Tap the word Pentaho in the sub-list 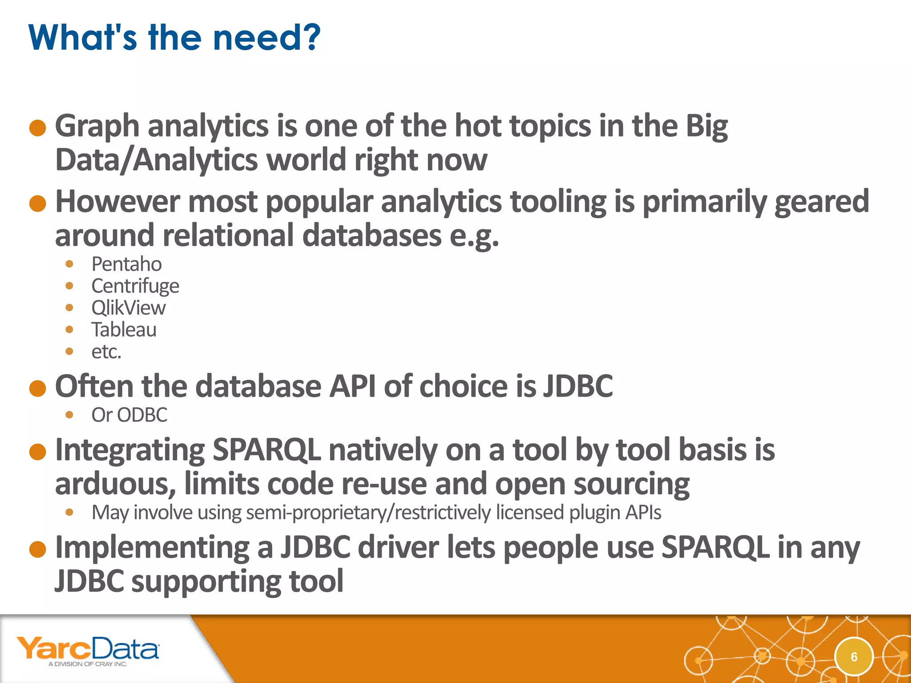click(126, 264)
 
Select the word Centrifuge click(135, 286)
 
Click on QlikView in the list click(129, 308)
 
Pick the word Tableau click(124, 329)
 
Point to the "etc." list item click(106, 352)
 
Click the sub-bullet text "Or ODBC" click(129, 415)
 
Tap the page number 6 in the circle click(854, 657)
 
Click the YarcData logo click(88, 648)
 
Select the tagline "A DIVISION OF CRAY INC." click(88, 664)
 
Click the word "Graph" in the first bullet click(97, 127)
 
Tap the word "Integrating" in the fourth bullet click(129, 450)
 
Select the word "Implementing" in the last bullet click(152, 548)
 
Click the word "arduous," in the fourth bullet click(115, 484)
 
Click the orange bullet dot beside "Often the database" click(38, 388)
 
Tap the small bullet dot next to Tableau click(69, 329)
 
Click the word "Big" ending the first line click(706, 127)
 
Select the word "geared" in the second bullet click(822, 202)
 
